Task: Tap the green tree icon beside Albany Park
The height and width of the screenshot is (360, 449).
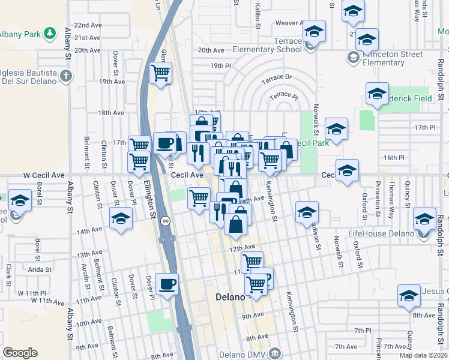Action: (52, 32)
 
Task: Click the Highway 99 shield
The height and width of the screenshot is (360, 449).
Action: (164, 222)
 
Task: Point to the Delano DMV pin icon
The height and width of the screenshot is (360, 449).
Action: (276, 352)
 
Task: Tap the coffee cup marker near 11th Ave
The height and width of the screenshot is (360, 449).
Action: (167, 284)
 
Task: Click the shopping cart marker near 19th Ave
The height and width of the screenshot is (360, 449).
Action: (160, 73)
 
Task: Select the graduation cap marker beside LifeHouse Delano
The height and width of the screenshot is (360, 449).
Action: (425, 220)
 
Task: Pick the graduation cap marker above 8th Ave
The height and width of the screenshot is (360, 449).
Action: (409, 296)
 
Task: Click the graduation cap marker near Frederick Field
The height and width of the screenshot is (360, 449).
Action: (377, 94)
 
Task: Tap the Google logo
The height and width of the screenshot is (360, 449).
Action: (20, 353)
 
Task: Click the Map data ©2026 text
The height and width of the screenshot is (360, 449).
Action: (424, 355)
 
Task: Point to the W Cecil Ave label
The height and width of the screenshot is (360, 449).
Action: (43, 175)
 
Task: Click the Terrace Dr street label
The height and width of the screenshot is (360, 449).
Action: (276, 77)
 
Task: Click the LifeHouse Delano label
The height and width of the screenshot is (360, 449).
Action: (381, 233)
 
